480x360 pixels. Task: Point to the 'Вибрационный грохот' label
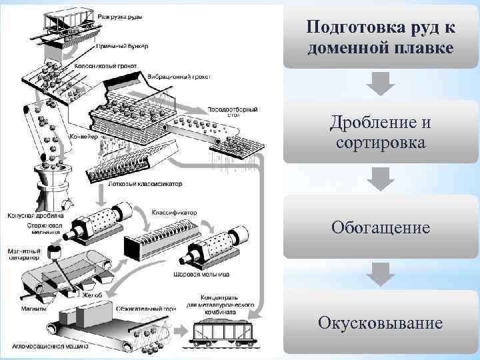tap(181, 77)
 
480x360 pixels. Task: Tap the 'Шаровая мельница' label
tap(201, 274)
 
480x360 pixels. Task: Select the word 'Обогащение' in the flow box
tap(381, 228)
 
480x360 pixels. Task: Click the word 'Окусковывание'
tap(381, 323)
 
